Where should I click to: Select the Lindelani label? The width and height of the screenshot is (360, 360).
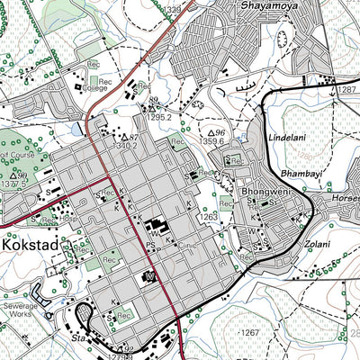tap(288, 137)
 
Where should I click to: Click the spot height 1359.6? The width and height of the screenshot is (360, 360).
tap(212, 140)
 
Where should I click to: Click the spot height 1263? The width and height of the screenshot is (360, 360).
tap(210, 216)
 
